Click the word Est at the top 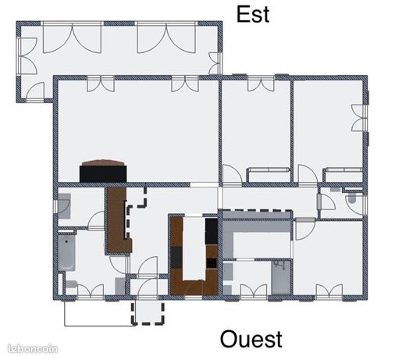click(253, 15)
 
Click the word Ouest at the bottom click(251, 339)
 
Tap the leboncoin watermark click(33, 349)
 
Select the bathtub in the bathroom click(66, 253)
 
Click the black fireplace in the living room click(103, 173)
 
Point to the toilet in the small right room click(352, 198)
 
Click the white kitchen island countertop click(194, 248)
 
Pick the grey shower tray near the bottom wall click(281, 277)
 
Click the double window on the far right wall click(359, 118)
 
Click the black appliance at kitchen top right click(212, 231)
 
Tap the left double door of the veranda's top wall click(72, 38)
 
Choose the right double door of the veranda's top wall click(166, 38)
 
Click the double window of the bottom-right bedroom click(329, 291)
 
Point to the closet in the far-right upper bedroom click(343, 175)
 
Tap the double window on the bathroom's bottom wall click(91, 291)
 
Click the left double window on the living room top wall click(101, 84)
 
